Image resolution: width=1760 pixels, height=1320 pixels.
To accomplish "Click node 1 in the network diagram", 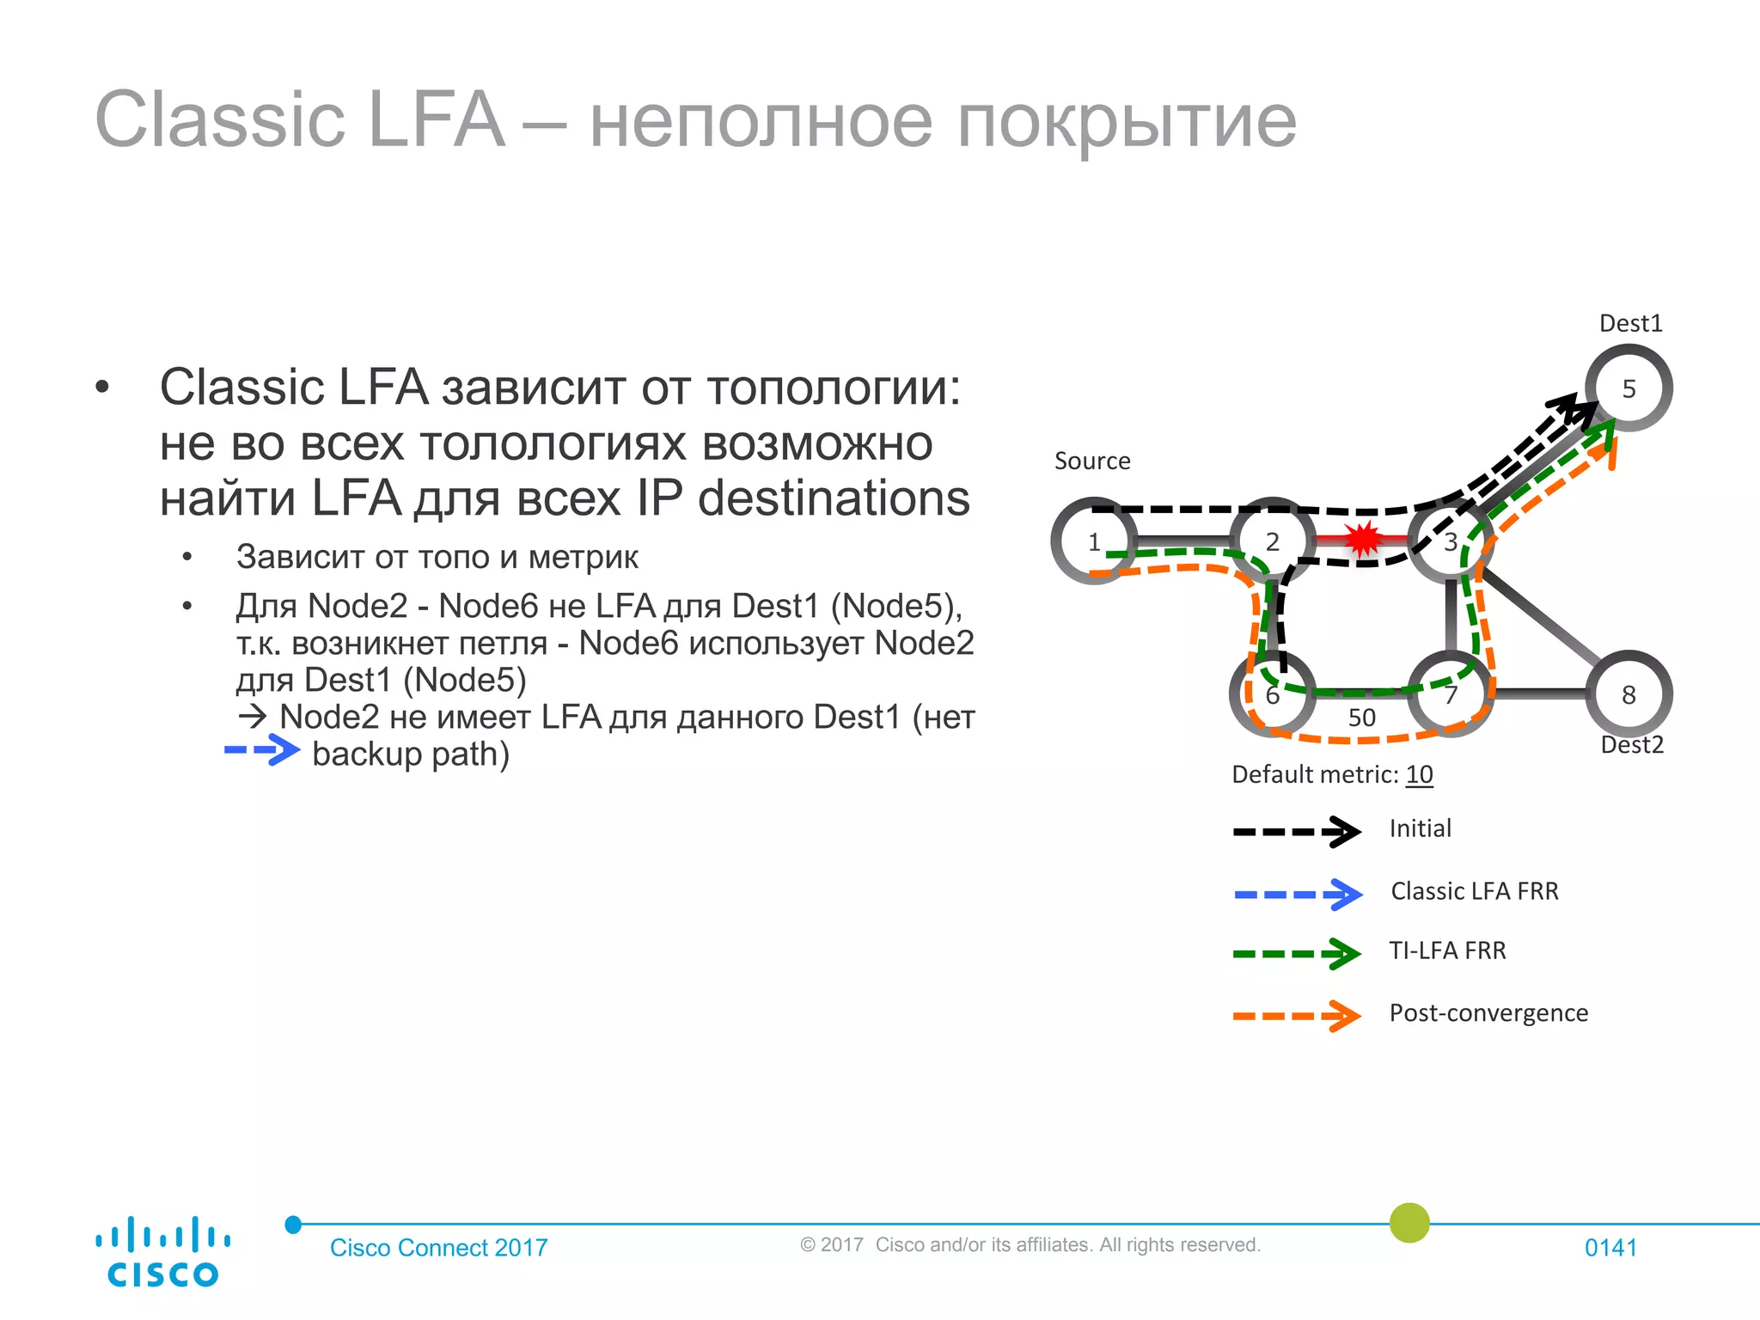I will coord(1094,542).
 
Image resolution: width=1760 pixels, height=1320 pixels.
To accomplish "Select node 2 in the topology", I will coord(1273,542).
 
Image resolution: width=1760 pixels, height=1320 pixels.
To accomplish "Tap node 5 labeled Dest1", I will coord(1629,388).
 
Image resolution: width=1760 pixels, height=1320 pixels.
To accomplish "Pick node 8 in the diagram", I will coord(1629,694).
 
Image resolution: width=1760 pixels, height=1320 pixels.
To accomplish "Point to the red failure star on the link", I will coord(1362,540).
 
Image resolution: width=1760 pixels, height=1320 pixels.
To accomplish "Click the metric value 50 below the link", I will coord(1362,718).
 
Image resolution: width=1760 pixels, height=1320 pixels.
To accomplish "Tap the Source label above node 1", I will coord(1092,461).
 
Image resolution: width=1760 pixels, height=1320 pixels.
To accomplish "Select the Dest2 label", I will coord(1632,745).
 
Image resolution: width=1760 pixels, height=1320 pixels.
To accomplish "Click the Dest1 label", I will coord(1631,324).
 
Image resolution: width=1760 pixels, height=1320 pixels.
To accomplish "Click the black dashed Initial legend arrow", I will coord(1297,832).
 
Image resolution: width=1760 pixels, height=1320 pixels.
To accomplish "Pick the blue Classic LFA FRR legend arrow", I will coord(1298,895).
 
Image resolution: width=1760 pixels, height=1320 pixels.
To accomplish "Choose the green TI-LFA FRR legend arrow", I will coord(1297,954).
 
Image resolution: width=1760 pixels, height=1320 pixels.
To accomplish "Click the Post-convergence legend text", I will coord(1488,1013).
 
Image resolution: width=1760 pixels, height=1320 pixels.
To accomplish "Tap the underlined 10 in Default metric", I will coord(1419,774).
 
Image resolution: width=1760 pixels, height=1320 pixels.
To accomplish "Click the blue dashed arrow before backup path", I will coord(262,750).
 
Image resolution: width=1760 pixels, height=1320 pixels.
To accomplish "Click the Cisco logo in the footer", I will coord(162,1252).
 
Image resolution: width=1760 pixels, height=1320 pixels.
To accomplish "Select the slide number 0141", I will coord(1610,1248).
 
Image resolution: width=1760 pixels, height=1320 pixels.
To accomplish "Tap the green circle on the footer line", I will coord(1409,1223).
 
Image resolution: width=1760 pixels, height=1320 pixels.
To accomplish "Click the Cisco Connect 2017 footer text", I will coord(438,1248).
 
